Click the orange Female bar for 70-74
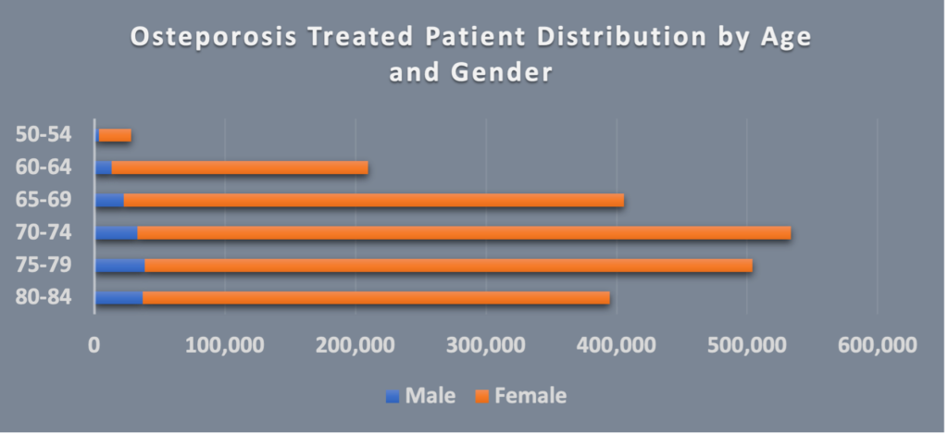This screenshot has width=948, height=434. [x=463, y=232]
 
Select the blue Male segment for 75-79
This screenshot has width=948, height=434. [x=119, y=266]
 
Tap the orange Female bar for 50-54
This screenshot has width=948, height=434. [x=115, y=135]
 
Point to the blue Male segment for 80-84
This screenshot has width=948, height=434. [x=118, y=298]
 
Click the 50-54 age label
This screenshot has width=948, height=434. [x=44, y=134]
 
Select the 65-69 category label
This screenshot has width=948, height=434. [x=44, y=200]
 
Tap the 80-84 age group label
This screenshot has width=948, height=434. [x=44, y=298]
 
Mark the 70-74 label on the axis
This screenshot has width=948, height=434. [x=44, y=232]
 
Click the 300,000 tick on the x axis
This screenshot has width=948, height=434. [x=486, y=345]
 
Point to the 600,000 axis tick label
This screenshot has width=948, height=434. [x=878, y=345]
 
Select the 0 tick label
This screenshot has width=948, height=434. [x=94, y=345]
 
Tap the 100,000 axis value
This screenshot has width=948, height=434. [x=225, y=345]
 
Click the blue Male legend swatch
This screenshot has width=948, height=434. [x=392, y=396]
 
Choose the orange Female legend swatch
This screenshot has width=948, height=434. [x=480, y=396]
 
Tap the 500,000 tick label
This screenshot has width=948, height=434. [x=747, y=345]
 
